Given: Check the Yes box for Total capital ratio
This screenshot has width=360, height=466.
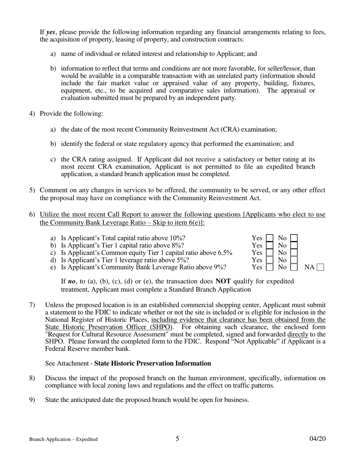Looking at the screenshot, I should point(269,238).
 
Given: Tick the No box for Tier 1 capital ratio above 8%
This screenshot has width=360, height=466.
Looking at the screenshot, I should point(294,246).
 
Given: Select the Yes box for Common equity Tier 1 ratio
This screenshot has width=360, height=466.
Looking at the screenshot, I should point(269,253).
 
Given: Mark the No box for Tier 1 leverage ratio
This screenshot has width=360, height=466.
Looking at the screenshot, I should point(294,260).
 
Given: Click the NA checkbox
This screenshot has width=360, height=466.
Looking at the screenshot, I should point(320,267).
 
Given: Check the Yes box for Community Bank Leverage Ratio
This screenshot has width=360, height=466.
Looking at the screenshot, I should point(269,267).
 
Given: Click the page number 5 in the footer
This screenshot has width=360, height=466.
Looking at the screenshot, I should point(177,439).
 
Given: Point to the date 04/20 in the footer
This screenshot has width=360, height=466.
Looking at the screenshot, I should point(317,439).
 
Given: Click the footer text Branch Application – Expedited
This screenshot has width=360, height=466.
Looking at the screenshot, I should point(63,439).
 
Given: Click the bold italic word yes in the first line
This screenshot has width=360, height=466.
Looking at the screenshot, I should point(51,32).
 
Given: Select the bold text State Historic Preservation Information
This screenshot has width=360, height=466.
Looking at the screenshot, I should point(152,363).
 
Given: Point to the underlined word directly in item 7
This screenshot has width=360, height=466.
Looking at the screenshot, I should point(297,334).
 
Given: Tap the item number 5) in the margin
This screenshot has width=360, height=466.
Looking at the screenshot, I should point(32,190).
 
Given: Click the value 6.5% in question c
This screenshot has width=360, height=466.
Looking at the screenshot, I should point(225,253).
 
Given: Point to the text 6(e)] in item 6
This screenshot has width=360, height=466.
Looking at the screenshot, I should point(195,222).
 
